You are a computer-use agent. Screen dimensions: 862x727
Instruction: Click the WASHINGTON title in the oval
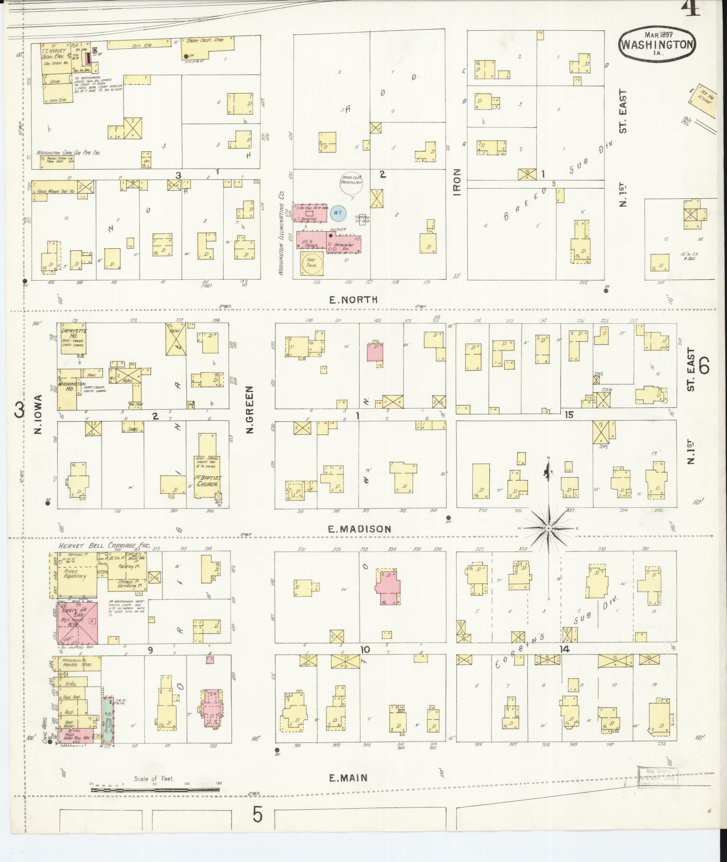[658, 44]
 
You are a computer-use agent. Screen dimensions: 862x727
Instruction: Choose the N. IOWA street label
[38, 415]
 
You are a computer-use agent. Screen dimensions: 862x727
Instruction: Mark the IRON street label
[457, 182]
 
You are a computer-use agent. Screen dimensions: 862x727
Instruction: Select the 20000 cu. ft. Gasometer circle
[352, 183]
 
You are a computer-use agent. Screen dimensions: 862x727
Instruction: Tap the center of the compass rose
[549, 528]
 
